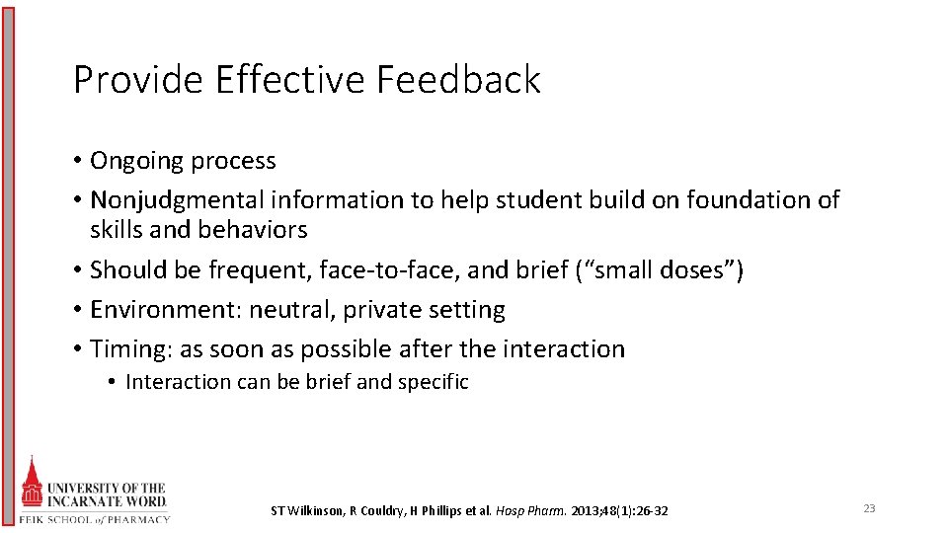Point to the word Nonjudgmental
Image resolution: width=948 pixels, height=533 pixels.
(x=178, y=200)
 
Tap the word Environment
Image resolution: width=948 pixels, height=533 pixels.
(x=164, y=310)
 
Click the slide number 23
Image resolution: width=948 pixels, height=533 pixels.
(x=869, y=508)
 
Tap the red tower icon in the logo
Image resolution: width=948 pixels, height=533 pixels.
(x=33, y=485)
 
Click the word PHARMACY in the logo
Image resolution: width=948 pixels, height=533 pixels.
(x=139, y=519)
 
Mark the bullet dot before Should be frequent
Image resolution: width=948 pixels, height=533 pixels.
(x=77, y=270)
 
